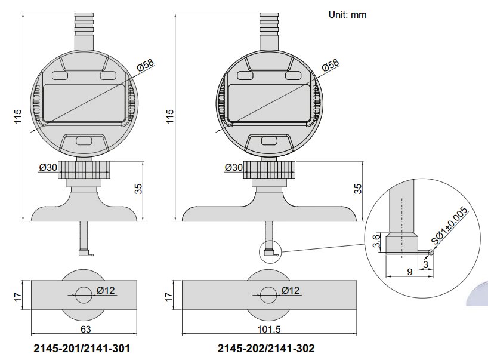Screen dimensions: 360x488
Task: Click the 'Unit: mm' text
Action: point(347,15)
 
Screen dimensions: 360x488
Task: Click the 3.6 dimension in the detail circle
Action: point(376,242)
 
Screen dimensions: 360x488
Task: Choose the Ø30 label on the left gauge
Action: point(48,168)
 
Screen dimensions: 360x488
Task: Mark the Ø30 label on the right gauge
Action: point(233,168)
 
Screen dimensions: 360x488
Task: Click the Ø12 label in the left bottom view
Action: point(105,291)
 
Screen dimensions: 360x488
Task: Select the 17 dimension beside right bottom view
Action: point(169,296)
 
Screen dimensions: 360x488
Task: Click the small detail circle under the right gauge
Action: point(269,253)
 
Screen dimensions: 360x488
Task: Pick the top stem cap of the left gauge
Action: point(83,19)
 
